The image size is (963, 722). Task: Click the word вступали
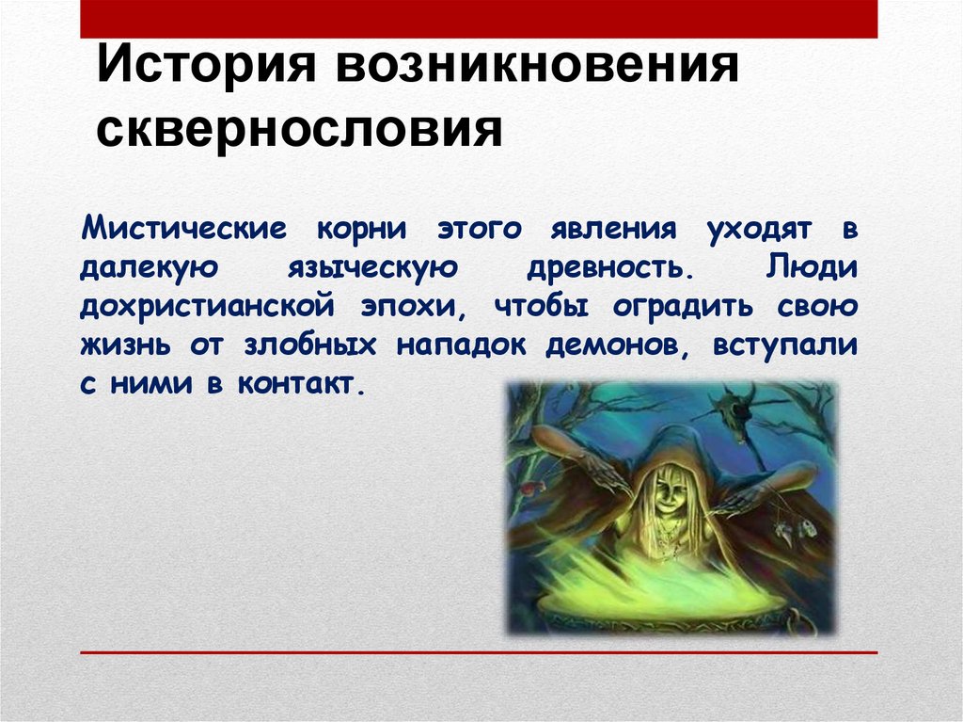(784, 345)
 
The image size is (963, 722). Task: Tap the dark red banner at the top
(479, 18)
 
